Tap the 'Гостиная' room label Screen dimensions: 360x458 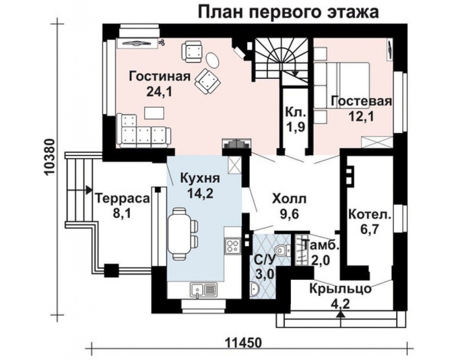pos(160,76)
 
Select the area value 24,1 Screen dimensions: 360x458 pos(160,91)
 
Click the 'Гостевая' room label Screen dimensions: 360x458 pos(361,101)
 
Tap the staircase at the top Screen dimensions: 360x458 pos(281,58)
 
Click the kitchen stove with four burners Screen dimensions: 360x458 pos(233,244)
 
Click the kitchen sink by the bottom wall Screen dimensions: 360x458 pos(203,289)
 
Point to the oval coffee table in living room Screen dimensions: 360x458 pos(213,60)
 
